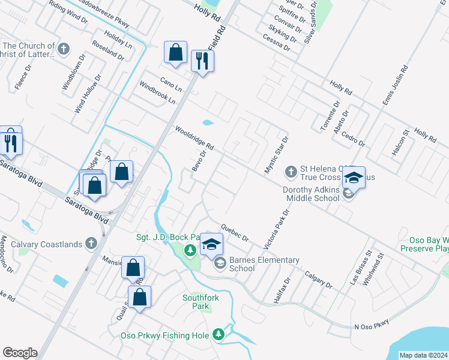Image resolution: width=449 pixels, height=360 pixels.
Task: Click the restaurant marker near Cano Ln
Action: click(202, 61)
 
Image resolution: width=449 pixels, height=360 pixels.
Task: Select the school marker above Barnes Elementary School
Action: click(211, 244)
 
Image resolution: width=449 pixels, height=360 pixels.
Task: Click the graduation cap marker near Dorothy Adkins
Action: click(354, 178)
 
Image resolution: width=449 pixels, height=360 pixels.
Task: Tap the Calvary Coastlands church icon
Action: click(91, 244)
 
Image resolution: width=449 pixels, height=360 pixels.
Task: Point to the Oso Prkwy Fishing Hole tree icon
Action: click(220, 335)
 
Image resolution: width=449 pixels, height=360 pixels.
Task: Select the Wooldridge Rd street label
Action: click(194, 138)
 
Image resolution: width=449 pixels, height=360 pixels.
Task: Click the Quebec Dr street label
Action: click(234, 232)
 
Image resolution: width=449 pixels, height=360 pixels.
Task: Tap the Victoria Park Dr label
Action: click(277, 229)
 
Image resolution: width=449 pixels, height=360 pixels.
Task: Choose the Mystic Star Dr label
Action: click(277, 155)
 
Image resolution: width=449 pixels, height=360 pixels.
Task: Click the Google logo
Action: click(20, 353)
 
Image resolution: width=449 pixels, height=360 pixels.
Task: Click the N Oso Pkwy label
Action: click(372, 325)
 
